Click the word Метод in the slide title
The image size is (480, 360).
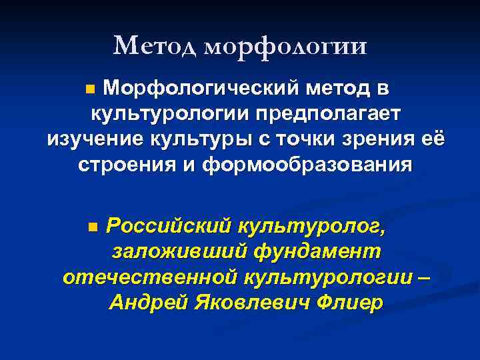coord(155,45)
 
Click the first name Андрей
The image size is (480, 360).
coord(147,303)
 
